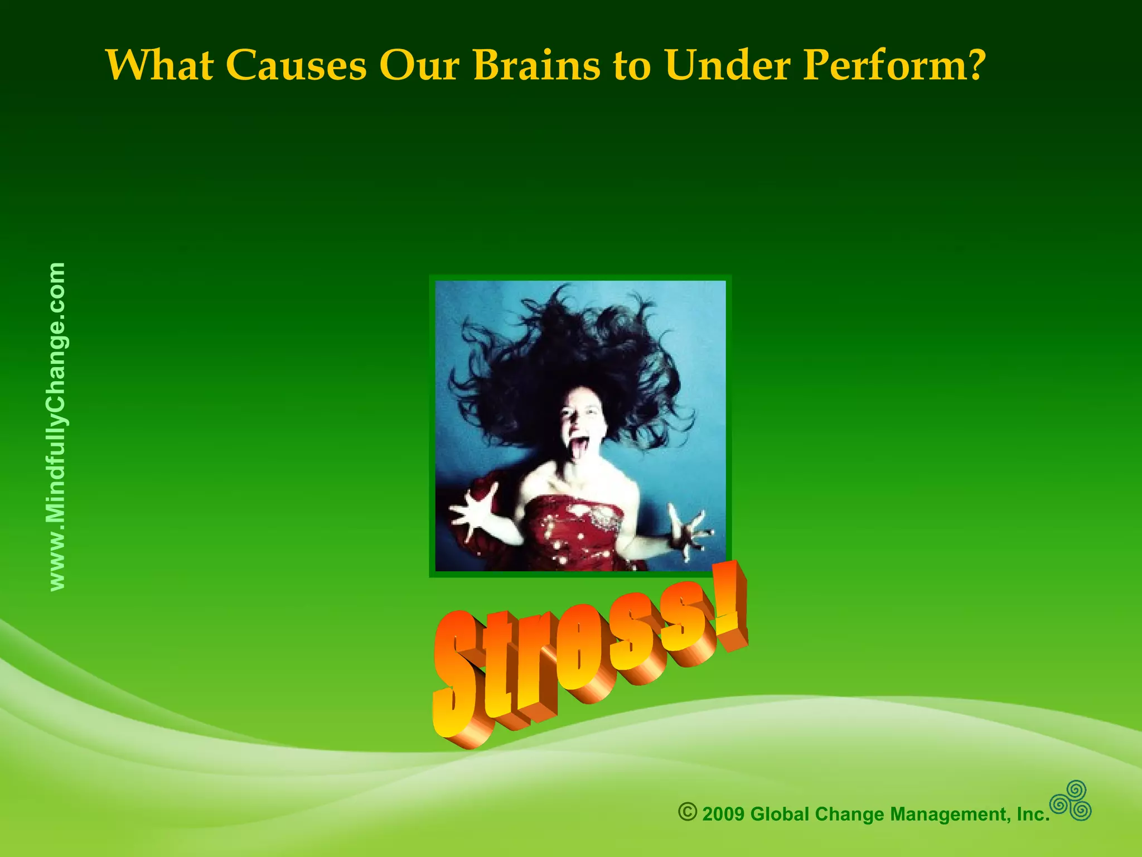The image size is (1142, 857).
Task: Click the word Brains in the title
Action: click(536, 65)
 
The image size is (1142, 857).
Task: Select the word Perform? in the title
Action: click(894, 65)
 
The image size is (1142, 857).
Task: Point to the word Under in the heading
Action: click(727, 65)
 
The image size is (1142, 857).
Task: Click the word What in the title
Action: click(160, 65)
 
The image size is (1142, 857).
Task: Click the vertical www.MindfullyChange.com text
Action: click(57, 426)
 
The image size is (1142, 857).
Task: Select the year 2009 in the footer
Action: click(723, 814)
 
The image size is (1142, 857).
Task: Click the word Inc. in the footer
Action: click(1033, 814)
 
